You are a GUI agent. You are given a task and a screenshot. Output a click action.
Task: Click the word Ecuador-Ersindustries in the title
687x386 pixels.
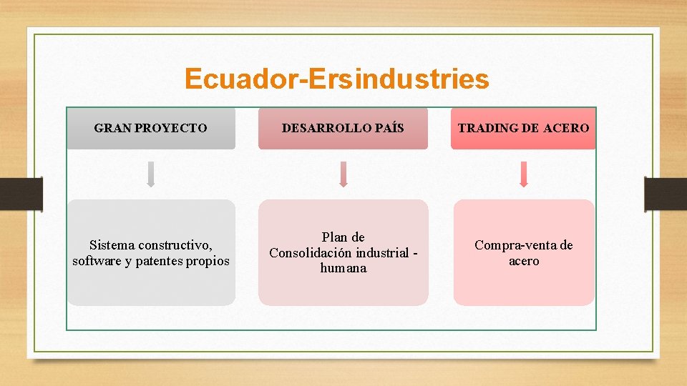coord(336,79)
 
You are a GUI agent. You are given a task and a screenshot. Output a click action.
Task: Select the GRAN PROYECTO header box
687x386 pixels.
coord(150,129)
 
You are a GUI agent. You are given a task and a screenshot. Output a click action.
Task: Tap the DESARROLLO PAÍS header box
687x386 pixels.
coord(343,129)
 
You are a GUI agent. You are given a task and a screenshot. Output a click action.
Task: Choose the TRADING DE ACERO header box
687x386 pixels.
coord(523,129)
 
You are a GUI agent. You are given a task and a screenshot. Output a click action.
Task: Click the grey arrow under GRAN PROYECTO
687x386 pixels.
coord(150,174)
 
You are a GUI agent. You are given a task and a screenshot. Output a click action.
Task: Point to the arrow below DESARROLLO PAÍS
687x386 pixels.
coord(343,174)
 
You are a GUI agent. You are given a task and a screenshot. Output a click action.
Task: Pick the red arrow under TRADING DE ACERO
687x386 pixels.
coord(523,174)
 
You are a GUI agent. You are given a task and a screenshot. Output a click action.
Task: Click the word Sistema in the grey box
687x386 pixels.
coord(113,245)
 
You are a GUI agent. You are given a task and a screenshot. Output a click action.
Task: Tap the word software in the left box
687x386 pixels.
coord(97,261)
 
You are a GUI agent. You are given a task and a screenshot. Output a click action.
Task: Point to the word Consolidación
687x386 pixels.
coord(311,252)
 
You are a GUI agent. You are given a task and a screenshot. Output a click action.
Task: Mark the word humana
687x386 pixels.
coord(343,268)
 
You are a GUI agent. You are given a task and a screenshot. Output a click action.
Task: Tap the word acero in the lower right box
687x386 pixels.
coord(524,261)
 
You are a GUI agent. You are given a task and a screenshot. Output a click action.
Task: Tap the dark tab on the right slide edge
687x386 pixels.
coord(666,194)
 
